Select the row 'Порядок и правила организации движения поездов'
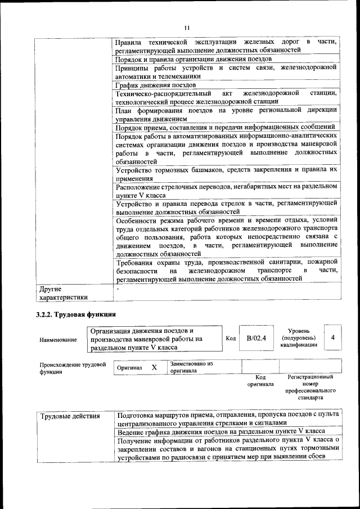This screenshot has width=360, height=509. (193, 58)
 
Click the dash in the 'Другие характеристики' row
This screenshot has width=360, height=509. (116, 289)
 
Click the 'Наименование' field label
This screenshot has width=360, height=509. (58, 340)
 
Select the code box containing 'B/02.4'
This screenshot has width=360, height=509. (256, 337)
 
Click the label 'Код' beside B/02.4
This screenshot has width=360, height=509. (231, 338)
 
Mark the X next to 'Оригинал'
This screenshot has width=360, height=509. (154, 367)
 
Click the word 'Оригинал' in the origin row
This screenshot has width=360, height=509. (128, 368)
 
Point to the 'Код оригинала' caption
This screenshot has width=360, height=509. (260, 381)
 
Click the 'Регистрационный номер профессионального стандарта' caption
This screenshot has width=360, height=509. (310, 387)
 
